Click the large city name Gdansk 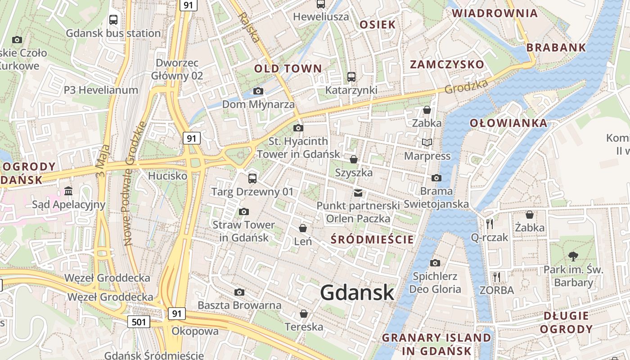[357, 293]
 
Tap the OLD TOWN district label [288, 69]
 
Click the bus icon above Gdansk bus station [113, 20]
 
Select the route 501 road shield [139, 321]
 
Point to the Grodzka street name [466, 86]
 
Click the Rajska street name [249, 27]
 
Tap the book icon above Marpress [427, 143]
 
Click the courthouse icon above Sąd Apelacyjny [68, 191]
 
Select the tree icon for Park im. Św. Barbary [573, 256]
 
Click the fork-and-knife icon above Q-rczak [490, 224]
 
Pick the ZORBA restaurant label [497, 290]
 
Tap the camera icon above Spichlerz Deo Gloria [435, 263]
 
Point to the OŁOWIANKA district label [508, 123]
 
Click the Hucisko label [167, 175]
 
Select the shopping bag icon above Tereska [304, 314]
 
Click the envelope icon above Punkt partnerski [358, 193]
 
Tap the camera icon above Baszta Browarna [239, 292]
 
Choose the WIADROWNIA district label [495, 13]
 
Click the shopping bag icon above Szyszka [354, 159]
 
